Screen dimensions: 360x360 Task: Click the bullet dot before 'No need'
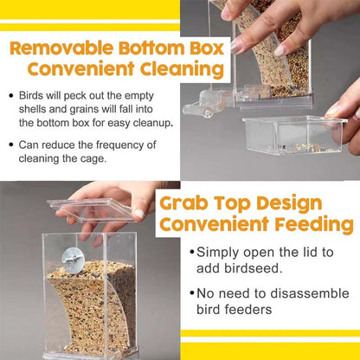[x=191, y=294]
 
